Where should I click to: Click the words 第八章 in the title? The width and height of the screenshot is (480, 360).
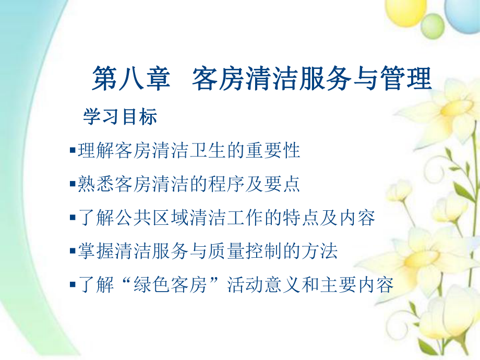tap(131, 80)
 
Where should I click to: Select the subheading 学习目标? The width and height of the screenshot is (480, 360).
tap(120, 117)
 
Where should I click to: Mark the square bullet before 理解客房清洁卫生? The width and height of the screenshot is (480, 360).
tap(72, 151)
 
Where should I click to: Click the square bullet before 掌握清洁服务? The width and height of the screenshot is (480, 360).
tap(72, 252)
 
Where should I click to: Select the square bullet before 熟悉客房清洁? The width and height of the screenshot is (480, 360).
tap(72, 185)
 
